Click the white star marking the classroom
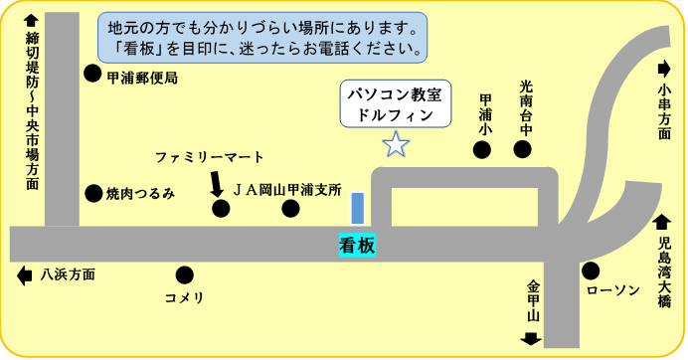pyautogui.click(x=397, y=144)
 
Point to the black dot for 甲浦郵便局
pyautogui.click(x=91, y=73)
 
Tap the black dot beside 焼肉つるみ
pyautogui.click(x=93, y=194)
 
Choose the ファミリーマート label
pyautogui.click(x=210, y=157)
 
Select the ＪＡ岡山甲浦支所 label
pyautogui.click(x=287, y=188)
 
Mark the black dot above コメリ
pyautogui.click(x=184, y=274)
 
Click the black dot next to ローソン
pyautogui.click(x=591, y=270)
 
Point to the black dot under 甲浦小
pyautogui.click(x=482, y=150)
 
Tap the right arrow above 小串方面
pyautogui.click(x=663, y=69)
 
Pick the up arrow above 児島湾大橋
pyautogui.click(x=663, y=223)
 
